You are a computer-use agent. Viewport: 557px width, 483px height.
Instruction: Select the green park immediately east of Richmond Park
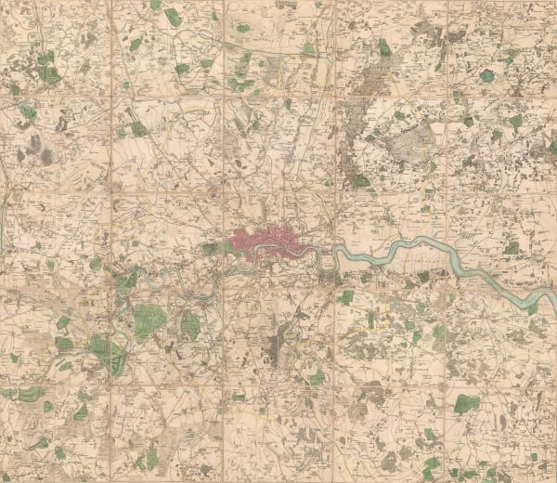(189, 324)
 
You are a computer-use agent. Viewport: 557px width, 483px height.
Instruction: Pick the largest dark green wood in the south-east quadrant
(467, 403)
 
